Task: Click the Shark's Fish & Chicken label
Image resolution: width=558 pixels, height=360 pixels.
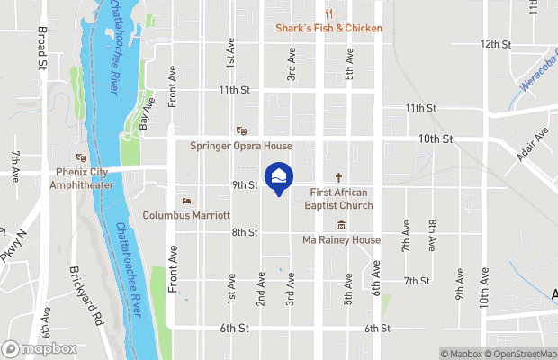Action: pos(328,28)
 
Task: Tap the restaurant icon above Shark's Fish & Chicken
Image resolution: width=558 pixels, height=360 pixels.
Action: pos(329,13)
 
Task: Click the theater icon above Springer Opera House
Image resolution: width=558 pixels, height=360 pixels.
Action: pos(240,130)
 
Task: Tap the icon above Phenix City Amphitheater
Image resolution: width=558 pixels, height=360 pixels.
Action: pos(82,157)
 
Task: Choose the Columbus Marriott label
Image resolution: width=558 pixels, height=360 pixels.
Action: pos(187,216)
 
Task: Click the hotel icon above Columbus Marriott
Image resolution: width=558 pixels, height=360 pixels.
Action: pos(187,201)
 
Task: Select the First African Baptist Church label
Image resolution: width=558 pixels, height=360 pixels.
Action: pos(341,199)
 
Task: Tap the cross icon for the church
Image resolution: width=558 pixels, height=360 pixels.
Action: pos(340,177)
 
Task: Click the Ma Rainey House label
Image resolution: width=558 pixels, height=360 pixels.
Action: pos(341,240)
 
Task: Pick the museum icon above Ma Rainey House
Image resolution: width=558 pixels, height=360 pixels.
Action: pos(341,225)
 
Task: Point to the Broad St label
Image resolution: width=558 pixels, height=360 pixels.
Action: pos(41,48)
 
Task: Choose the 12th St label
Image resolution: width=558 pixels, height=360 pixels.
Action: pos(496,43)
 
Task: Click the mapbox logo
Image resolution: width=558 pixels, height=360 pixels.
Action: pos(39,348)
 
